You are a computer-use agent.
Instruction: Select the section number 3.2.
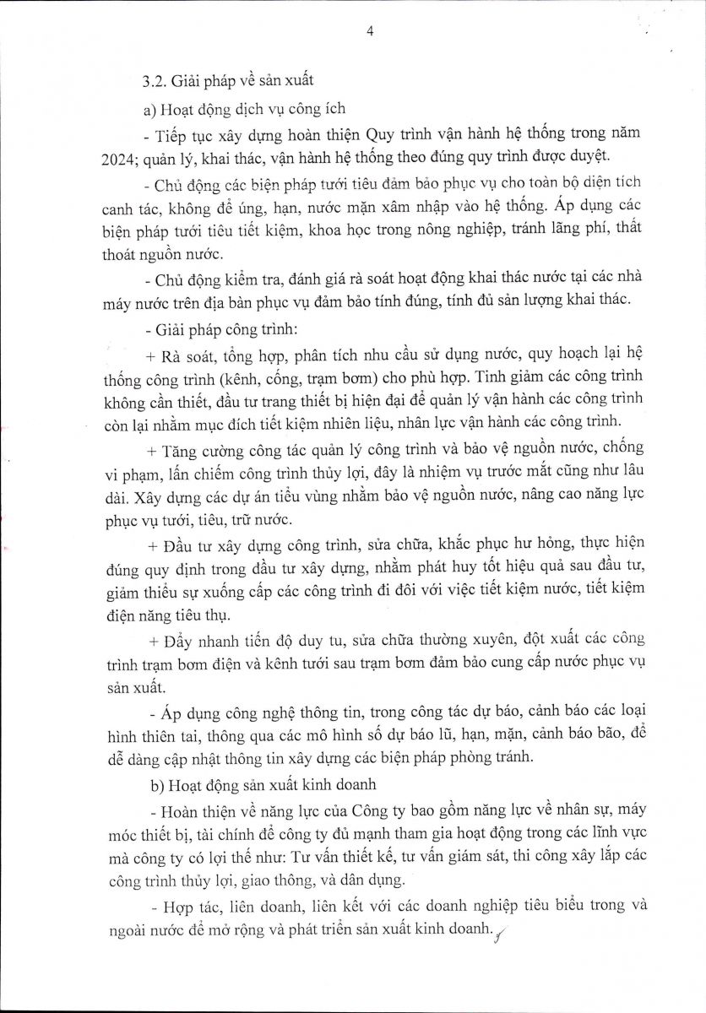click(155, 82)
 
